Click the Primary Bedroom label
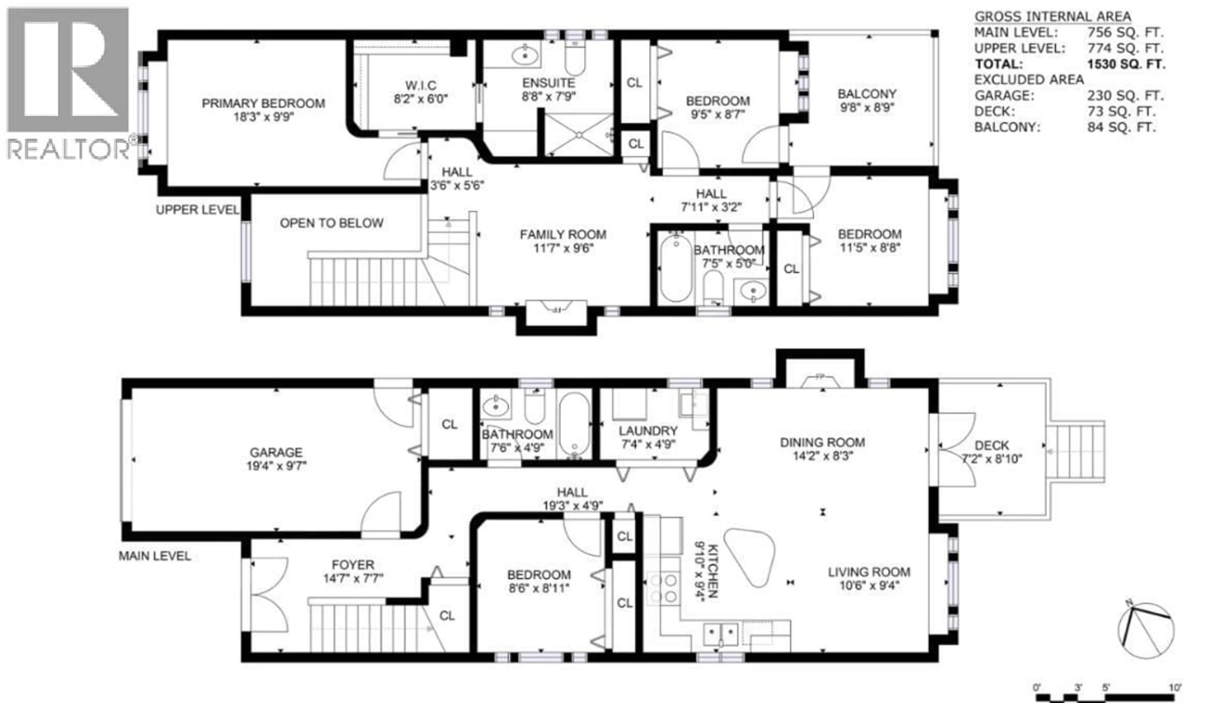pyautogui.click(x=263, y=103)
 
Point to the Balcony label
pyautogui.click(x=867, y=94)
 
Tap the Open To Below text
pyautogui.click(x=332, y=223)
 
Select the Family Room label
pyautogui.click(x=563, y=235)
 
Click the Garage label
pyautogui.click(x=276, y=452)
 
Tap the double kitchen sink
pyautogui.click(x=720, y=633)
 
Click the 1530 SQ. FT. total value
pyautogui.click(x=1126, y=64)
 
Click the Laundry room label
pyautogui.click(x=648, y=431)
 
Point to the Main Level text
pyautogui.click(x=155, y=556)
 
